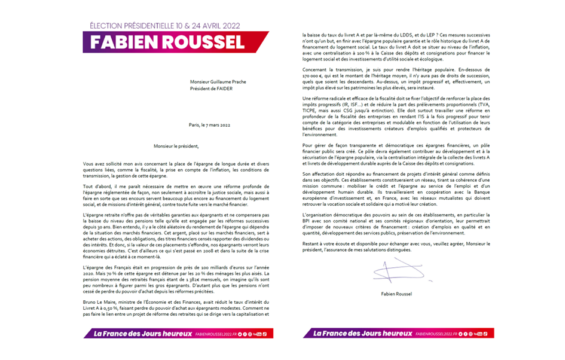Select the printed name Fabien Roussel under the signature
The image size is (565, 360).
(x=391, y=294)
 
